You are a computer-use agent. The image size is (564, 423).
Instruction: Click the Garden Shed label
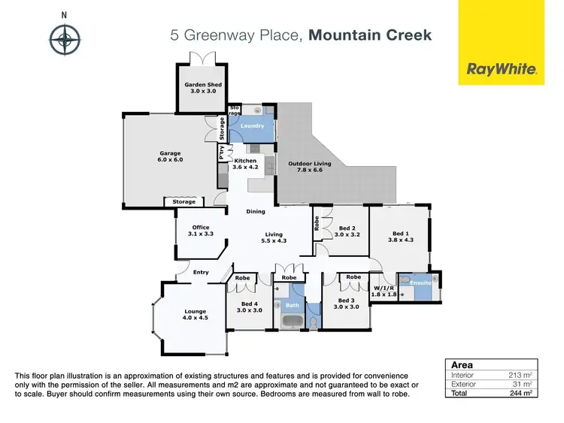203,89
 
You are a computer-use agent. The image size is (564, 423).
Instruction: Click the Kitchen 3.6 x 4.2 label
246,164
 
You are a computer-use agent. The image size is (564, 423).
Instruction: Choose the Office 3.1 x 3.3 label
200,231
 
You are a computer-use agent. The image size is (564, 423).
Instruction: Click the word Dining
256,211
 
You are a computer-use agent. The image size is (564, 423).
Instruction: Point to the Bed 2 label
347,231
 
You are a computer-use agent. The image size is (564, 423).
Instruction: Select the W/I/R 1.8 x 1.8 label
384,291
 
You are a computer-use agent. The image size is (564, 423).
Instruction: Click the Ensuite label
420,282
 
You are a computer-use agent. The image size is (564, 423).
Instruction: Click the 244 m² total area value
520,392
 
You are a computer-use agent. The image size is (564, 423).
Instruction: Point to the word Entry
201,272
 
